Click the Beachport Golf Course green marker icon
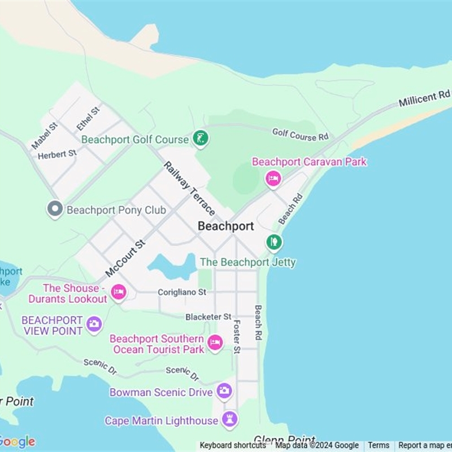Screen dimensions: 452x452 pyautogui.click(x=201, y=138)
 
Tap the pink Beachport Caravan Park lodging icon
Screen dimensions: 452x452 pyautogui.click(x=273, y=179)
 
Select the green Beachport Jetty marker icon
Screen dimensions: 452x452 pyautogui.click(x=274, y=242)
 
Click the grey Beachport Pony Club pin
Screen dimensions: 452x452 pyautogui.click(x=55, y=210)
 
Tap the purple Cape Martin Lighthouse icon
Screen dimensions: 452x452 pyautogui.click(x=229, y=419)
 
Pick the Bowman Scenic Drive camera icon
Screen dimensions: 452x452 pyautogui.click(x=224, y=390)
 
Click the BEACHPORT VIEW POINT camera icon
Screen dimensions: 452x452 pyautogui.click(x=94, y=324)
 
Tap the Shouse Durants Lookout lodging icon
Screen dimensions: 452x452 pyautogui.click(x=118, y=292)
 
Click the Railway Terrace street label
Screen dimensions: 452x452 pyautogui.click(x=189, y=188)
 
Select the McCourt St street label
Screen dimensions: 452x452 pyautogui.click(x=125, y=258)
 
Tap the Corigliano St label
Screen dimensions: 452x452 pyautogui.click(x=182, y=292)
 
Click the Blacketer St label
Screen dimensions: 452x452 pyautogui.click(x=208, y=317)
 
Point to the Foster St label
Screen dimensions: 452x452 pyautogui.click(x=237, y=337)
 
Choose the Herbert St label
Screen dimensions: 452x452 pyautogui.click(x=57, y=154)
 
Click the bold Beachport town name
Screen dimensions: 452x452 pyautogui.click(x=225, y=226)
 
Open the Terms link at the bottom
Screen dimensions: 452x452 pyautogui.click(x=379, y=445)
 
